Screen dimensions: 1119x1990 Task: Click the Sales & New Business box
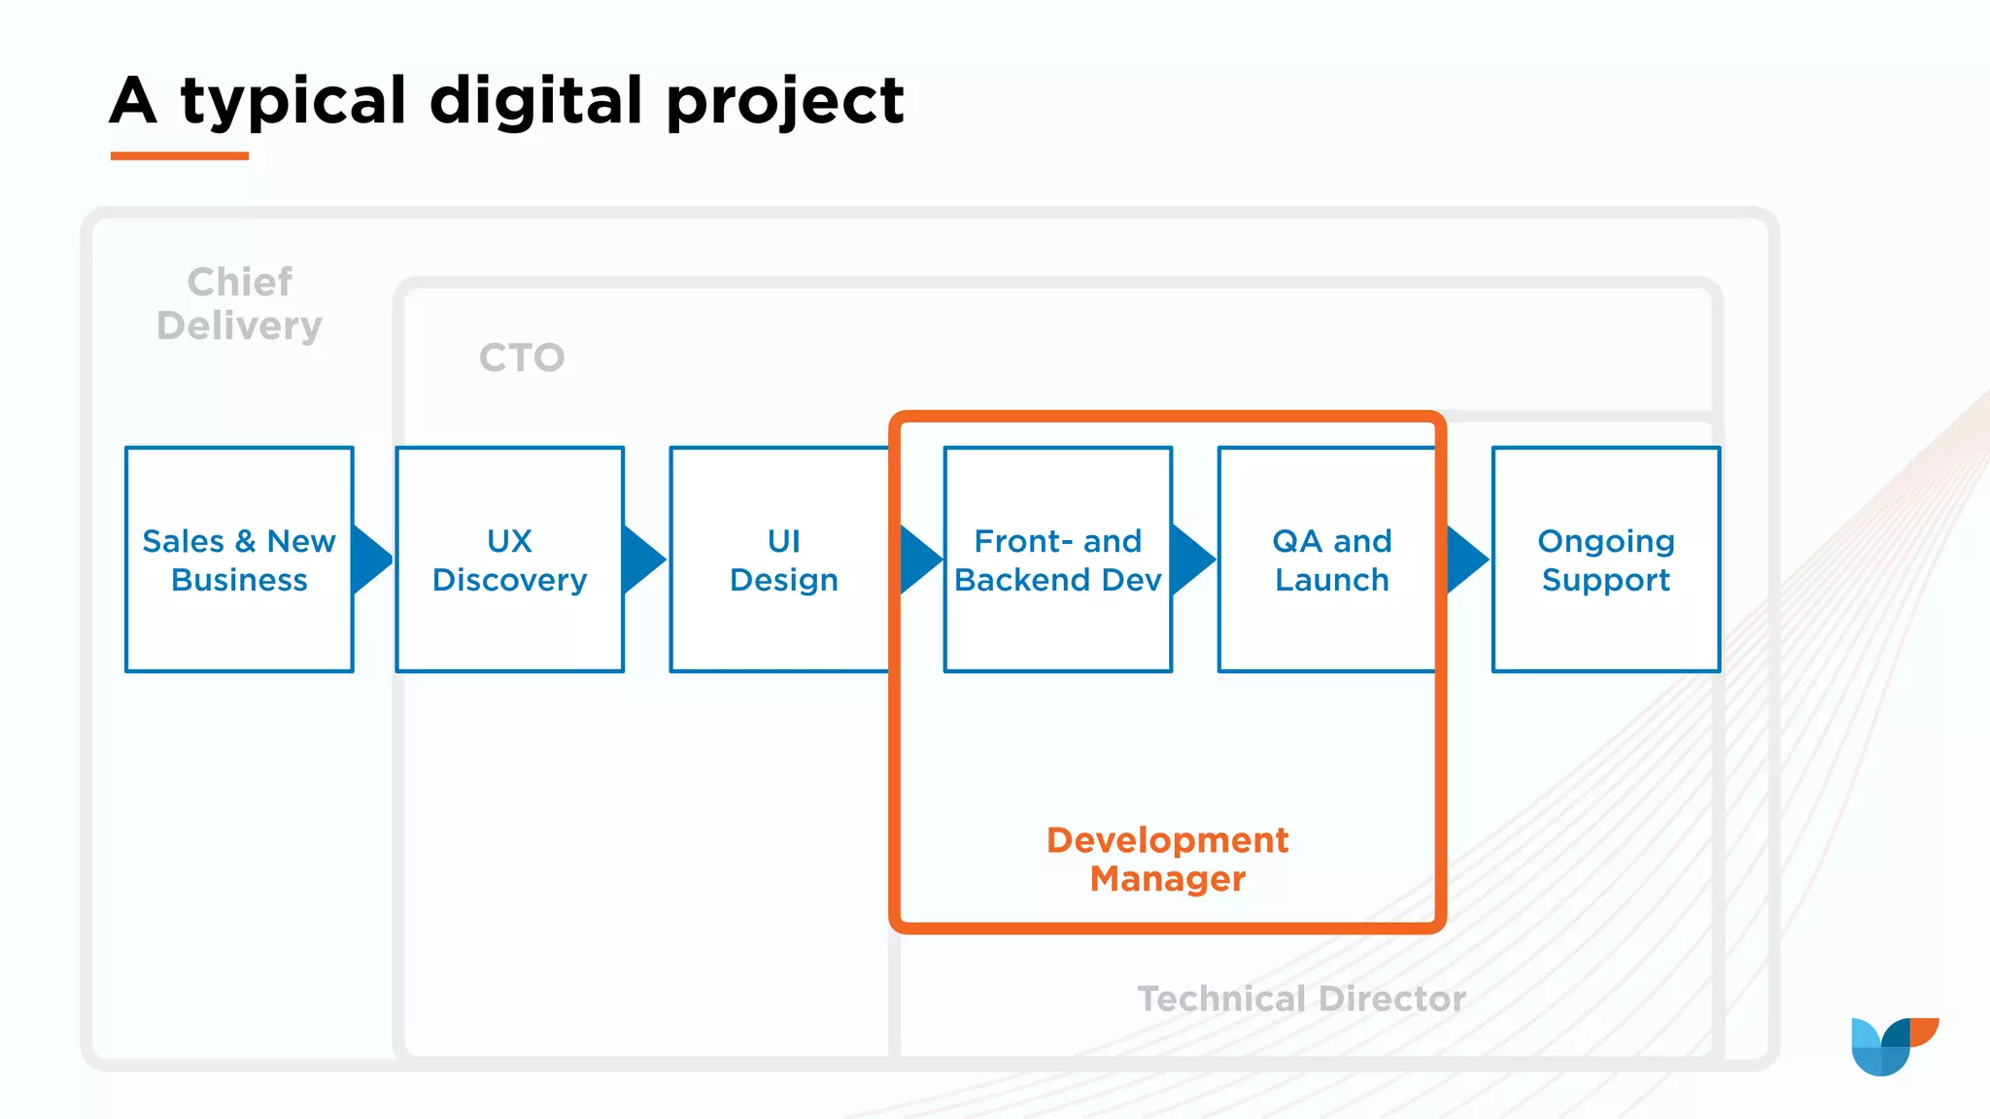239,559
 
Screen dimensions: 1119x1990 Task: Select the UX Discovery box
509,559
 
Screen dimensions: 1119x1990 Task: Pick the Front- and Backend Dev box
1057,559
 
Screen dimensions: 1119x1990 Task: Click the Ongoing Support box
1605,559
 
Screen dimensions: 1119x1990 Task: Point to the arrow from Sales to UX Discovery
370,559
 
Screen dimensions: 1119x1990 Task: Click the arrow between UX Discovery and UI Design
642,559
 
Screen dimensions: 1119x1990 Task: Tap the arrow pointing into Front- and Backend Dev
919,559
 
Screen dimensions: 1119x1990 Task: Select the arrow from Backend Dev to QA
1191,559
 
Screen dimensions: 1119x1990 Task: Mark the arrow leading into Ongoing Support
1465,559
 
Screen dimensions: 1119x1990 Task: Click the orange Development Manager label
1167,859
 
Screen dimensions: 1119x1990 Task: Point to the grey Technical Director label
1301,999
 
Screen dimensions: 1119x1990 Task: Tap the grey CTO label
522,357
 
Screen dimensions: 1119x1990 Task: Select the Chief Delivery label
239,304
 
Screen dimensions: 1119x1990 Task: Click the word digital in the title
536,100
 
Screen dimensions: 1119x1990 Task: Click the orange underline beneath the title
180,155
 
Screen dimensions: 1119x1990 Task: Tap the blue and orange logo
1893,1045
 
